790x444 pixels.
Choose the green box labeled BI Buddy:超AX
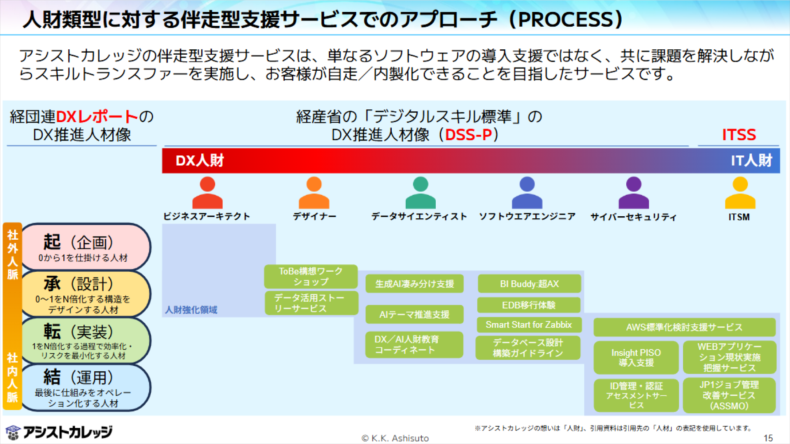529,284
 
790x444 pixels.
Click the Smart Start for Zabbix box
529,325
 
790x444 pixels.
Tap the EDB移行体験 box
529,305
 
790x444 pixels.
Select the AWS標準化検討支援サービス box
684,327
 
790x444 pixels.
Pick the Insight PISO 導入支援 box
636,358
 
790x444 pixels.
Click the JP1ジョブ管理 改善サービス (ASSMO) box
729,395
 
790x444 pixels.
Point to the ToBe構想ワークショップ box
311,276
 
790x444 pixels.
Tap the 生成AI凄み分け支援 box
414,284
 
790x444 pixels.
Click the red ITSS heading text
739,134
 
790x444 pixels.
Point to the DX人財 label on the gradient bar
200,160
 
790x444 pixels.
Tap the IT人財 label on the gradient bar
751,160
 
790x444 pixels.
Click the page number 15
768,438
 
